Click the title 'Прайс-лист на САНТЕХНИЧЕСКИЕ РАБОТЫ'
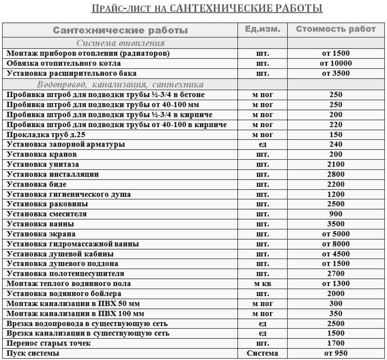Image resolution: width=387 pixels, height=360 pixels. pos(207,8)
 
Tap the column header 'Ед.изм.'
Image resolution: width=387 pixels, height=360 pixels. pos(262,29)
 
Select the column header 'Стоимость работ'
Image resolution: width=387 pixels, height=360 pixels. pos(335,29)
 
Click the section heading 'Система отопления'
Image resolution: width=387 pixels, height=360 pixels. pos(120,43)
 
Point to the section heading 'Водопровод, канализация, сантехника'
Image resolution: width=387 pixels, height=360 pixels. pos(120,84)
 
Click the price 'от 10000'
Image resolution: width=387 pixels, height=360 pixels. pos(336,64)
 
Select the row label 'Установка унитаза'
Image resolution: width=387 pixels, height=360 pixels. pos(43,164)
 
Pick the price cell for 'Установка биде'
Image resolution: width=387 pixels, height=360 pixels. pos(336,184)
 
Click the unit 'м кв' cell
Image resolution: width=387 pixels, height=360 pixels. pos(262,284)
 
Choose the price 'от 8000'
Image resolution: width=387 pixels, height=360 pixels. pos(336,244)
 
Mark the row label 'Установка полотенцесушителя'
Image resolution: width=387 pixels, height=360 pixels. pos(66,274)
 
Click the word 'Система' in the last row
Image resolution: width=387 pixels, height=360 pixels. pos(262,353)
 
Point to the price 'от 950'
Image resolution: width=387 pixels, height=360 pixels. pos(336,353)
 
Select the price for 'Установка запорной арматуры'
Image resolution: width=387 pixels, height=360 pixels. pos(336,144)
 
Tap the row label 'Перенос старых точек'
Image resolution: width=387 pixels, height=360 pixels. pos(49,343)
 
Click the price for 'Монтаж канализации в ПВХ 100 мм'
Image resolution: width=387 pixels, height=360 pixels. pos(336,313)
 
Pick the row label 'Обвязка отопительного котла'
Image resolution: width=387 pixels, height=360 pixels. pos(62,64)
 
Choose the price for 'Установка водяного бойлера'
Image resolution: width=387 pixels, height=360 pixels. pos(336,293)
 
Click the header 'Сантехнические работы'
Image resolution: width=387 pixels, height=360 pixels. pos(120,31)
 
